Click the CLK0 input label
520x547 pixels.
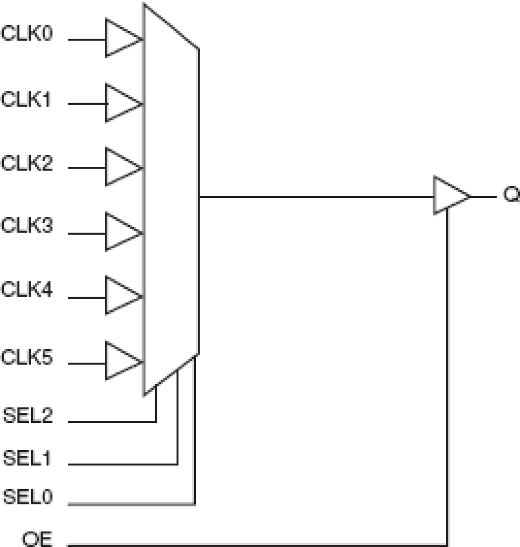point(27,33)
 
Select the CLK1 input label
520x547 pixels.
point(26,99)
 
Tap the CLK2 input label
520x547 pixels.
point(27,163)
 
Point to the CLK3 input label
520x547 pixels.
point(27,226)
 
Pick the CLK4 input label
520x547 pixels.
point(27,289)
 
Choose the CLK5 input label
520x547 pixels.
point(27,357)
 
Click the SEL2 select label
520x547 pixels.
point(28,415)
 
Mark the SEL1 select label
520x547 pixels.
point(27,458)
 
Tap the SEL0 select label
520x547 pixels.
point(28,497)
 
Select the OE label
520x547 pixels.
point(37,539)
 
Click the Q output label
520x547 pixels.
point(511,194)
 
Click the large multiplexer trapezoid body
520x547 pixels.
point(171,199)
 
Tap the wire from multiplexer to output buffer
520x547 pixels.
point(315,197)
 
